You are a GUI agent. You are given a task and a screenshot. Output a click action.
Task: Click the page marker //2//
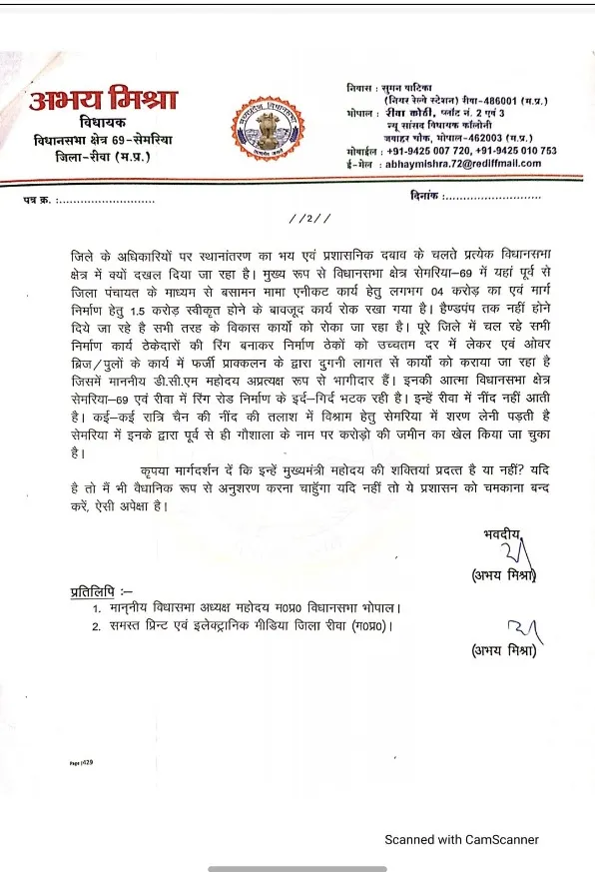click(x=301, y=219)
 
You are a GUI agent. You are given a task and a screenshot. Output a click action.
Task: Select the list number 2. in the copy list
click(x=97, y=626)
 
